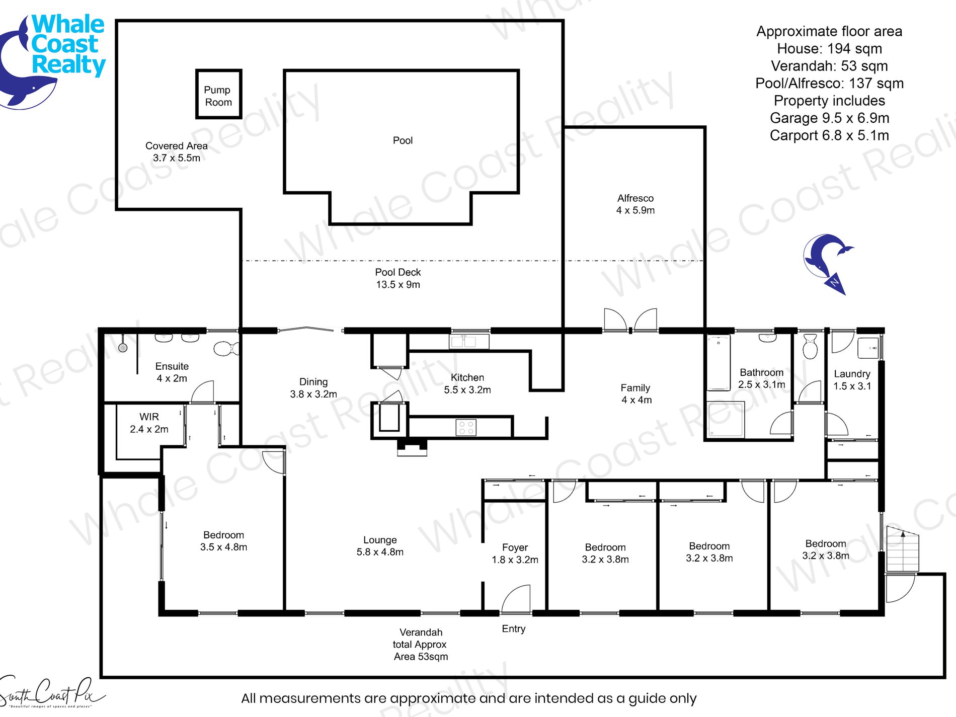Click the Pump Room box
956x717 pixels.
point(218,94)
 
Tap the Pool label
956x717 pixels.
point(403,140)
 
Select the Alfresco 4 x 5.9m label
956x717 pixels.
point(635,204)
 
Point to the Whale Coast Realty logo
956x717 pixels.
point(52,60)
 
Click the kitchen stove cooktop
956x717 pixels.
point(466,428)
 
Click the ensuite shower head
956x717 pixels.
point(123,347)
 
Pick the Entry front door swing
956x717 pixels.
point(516,599)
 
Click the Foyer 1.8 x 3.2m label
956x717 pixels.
point(515,553)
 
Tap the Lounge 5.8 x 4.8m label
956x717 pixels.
point(380,546)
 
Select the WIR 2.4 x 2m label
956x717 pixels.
point(149,423)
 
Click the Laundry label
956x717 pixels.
point(852,374)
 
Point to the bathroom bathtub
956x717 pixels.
point(719,363)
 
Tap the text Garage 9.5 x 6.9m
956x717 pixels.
point(829,118)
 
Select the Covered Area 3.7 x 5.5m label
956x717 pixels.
point(177,152)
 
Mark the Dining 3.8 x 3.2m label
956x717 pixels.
point(313,388)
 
